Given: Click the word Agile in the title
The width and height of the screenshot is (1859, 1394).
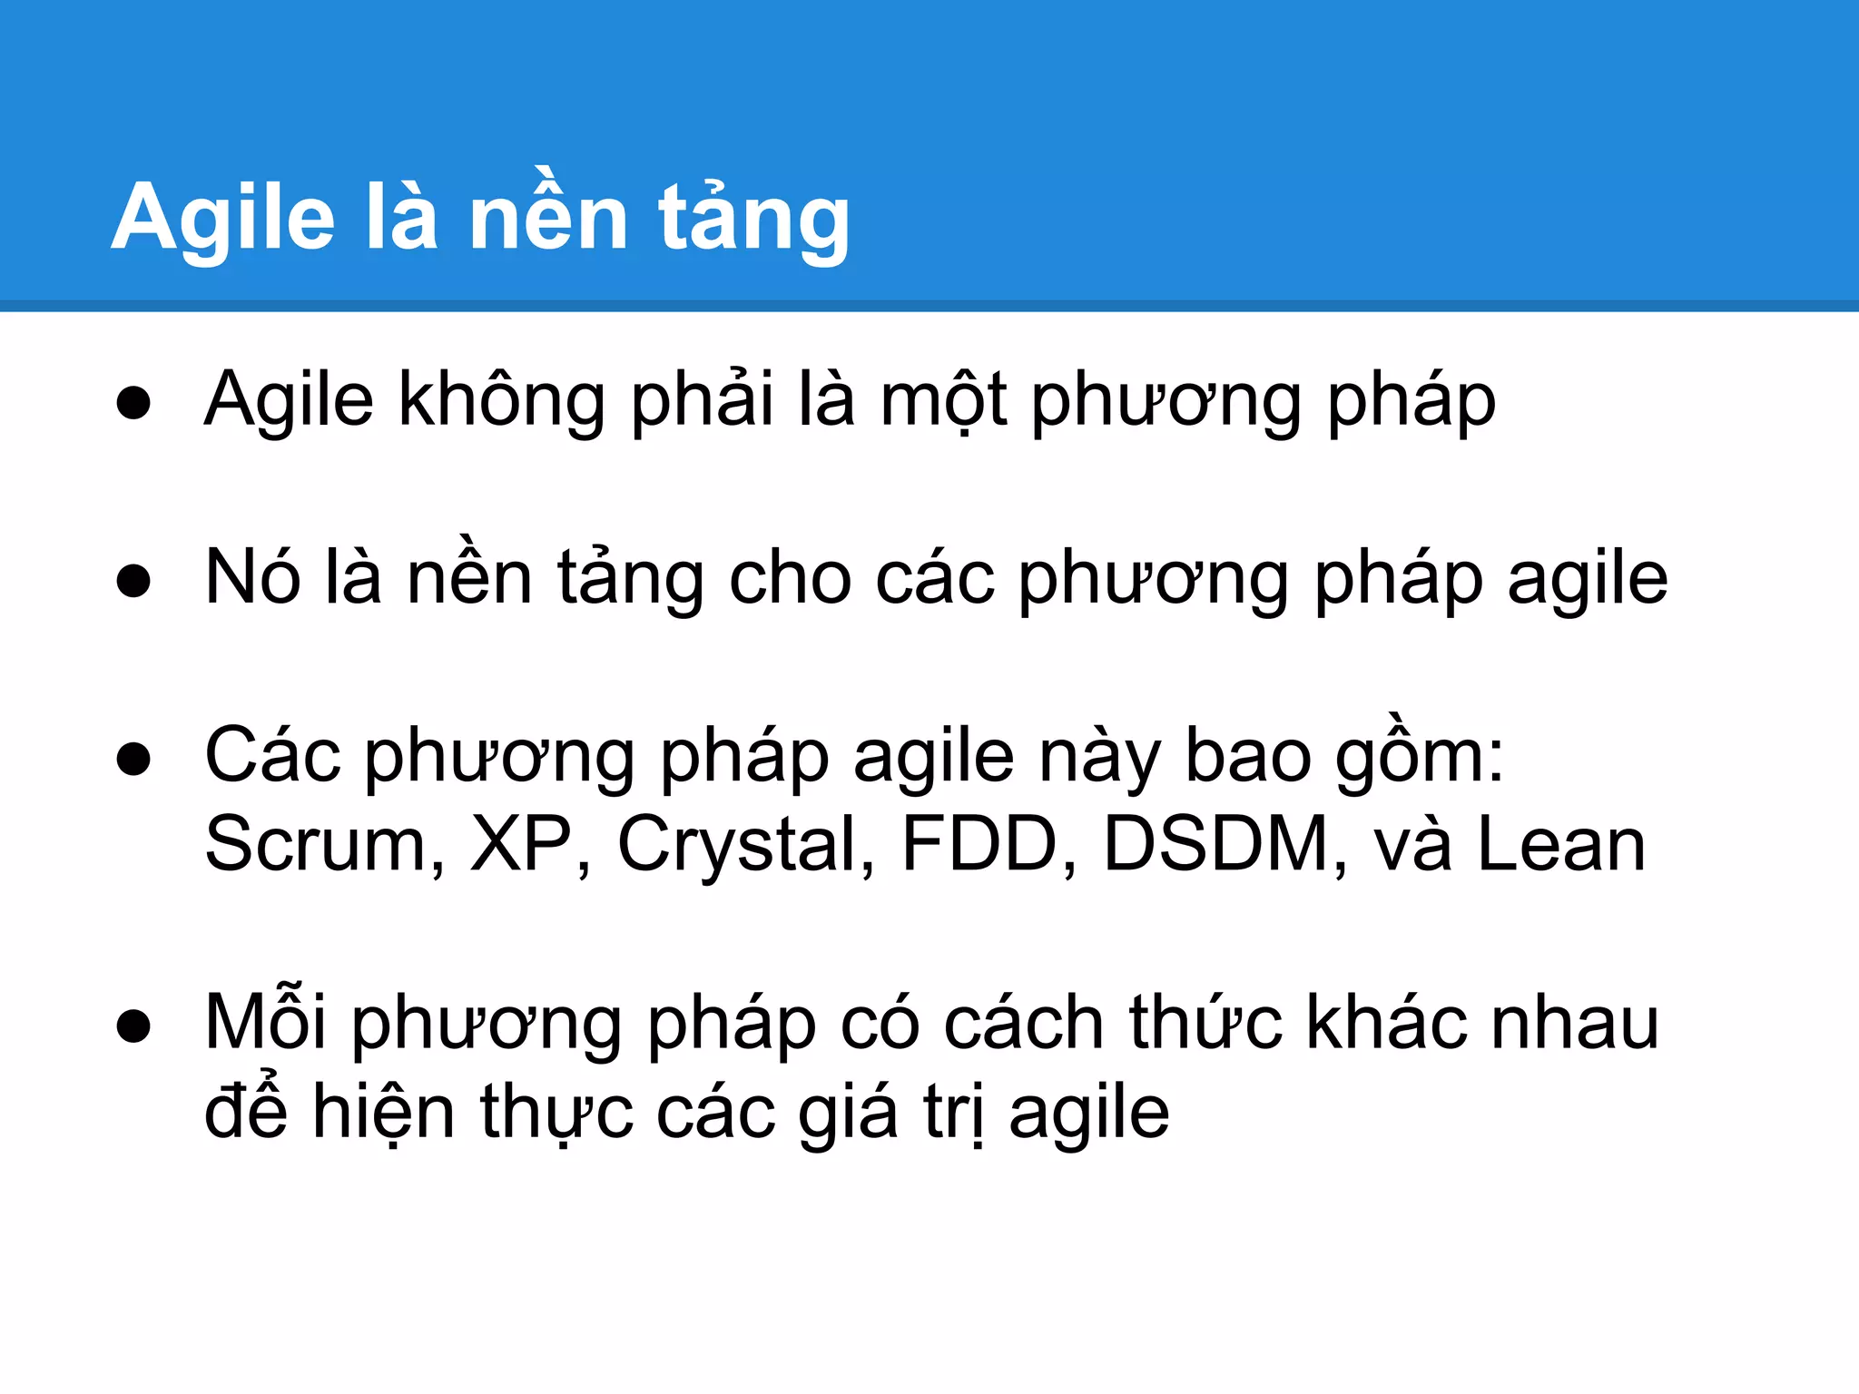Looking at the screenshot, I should click(223, 218).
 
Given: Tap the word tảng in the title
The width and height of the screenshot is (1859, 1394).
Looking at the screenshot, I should click(753, 218).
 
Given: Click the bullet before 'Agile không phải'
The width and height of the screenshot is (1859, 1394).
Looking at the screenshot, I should click(133, 402).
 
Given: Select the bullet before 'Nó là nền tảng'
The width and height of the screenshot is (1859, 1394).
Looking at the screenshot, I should click(133, 580).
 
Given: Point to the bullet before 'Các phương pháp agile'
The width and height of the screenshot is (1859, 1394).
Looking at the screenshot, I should click(133, 758).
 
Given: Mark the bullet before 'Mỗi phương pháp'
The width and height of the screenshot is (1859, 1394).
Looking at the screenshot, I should click(133, 1026).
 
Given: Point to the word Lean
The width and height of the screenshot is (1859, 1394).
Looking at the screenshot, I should click(1561, 844).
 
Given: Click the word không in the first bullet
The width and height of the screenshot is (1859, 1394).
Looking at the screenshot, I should click(502, 399).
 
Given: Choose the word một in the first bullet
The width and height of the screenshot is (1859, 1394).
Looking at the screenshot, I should click(943, 399).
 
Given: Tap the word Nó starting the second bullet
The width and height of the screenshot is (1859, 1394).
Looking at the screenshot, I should click(252, 577).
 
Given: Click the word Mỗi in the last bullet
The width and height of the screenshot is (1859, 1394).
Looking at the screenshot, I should click(265, 1022).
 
